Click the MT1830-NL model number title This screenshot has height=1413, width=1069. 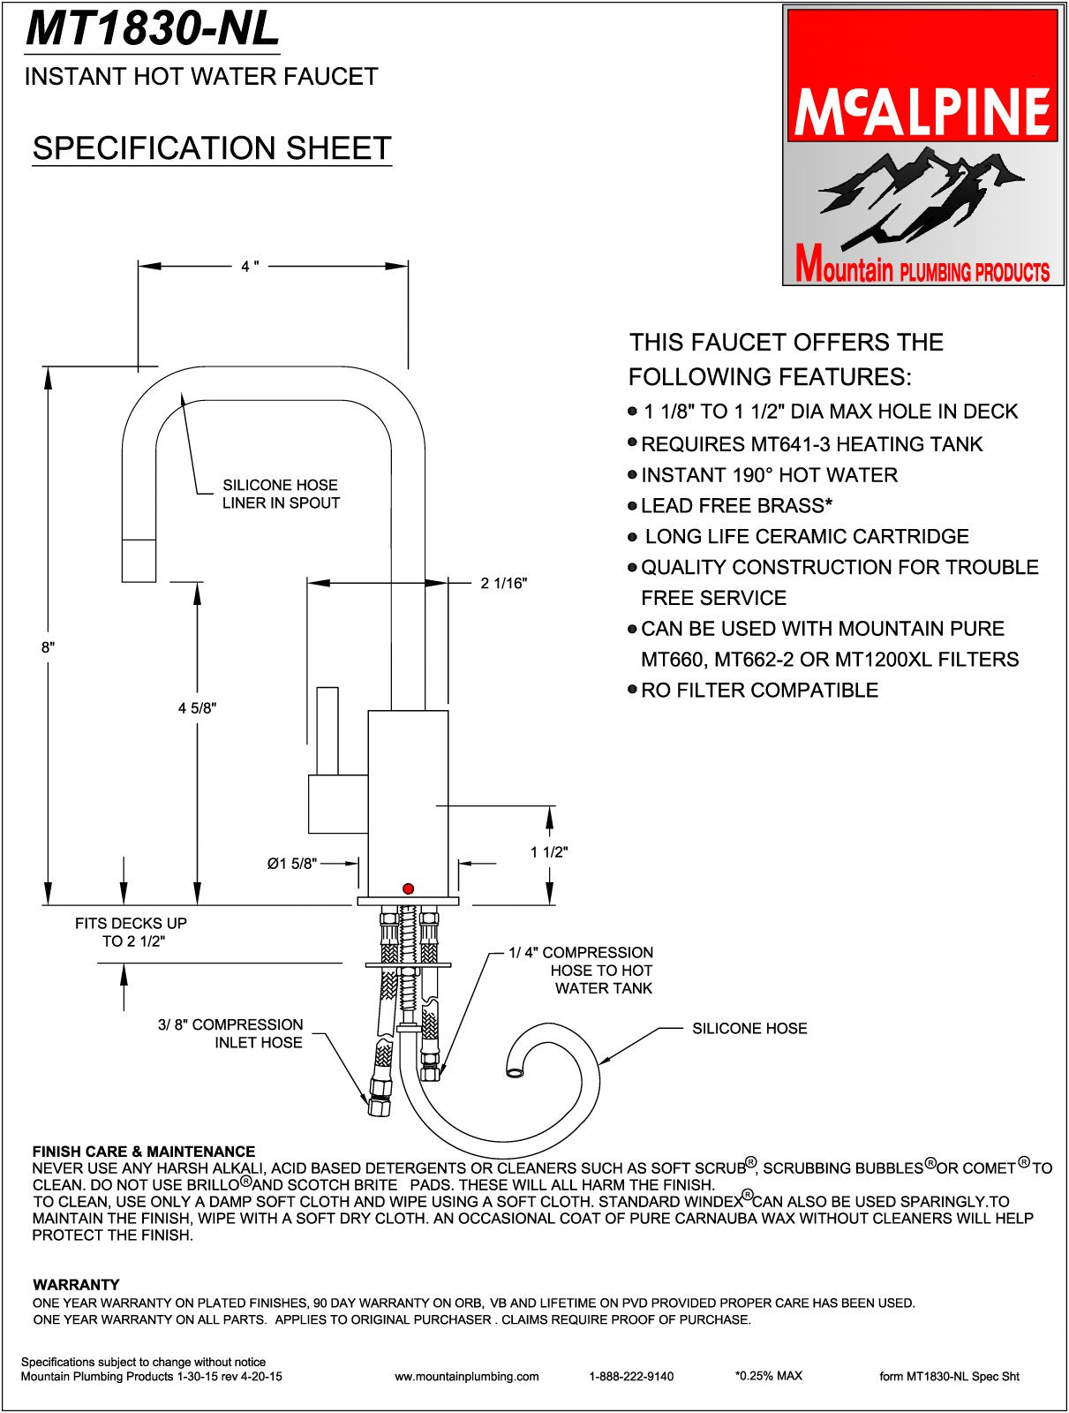point(153,29)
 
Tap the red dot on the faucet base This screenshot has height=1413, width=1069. point(407,888)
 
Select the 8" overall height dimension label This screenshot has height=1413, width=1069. point(48,647)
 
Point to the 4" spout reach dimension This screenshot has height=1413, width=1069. point(250,266)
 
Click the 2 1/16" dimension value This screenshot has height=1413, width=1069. point(504,583)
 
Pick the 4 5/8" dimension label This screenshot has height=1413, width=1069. point(197,707)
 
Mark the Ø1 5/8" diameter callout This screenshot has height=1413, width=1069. point(292,864)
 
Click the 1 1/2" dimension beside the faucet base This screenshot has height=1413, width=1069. point(549,852)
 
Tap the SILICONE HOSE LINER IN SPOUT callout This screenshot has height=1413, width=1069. point(281,494)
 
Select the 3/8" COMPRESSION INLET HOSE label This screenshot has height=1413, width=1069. point(230,1033)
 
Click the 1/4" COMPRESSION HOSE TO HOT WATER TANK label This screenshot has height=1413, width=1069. point(582,970)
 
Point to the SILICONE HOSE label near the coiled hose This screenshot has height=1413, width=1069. point(749,1028)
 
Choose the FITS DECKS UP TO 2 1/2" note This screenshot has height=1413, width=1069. point(131,932)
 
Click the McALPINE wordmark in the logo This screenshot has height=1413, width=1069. point(922,110)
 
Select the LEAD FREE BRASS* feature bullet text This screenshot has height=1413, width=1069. point(737,506)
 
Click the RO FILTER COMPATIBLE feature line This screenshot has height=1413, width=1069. point(759,691)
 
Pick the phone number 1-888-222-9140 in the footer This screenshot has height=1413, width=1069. point(631,1376)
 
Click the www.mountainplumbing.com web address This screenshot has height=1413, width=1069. point(466,1376)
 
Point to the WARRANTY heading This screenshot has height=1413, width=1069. point(76,1284)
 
